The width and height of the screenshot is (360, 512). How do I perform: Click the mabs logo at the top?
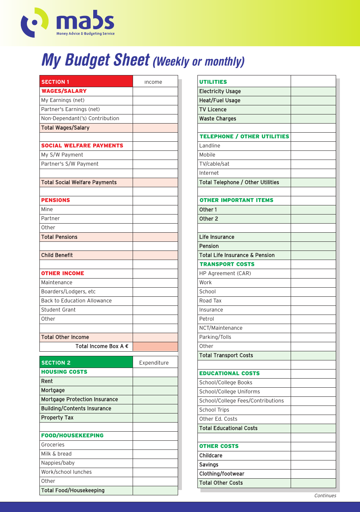click(x=67, y=23)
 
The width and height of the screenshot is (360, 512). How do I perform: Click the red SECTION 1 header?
click(x=86, y=81)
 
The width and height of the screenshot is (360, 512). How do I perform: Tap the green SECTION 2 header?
click(x=86, y=362)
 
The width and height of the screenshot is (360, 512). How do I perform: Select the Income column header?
click(x=153, y=82)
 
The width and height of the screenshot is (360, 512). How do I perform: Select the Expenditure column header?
click(x=154, y=363)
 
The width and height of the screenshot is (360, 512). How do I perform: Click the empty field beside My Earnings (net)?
click(x=155, y=100)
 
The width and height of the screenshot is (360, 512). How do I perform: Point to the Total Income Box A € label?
click(x=102, y=346)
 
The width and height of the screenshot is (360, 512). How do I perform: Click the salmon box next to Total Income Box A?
click(x=155, y=346)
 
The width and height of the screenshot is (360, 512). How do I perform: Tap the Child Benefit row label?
click(x=57, y=255)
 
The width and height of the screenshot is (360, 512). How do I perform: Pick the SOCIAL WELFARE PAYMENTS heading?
click(x=82, y=146)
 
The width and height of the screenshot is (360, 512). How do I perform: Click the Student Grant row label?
click(x=58, y=310)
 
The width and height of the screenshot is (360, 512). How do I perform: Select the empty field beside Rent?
click(x=155, y=381)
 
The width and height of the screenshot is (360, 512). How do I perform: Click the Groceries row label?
click(x=53, y=445)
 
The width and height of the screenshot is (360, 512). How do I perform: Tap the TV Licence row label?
click(x=213, y=110)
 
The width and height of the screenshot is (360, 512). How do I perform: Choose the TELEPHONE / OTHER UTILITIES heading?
click(x=244, y=136)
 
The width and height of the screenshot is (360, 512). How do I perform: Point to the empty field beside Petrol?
click(x=313, y=319)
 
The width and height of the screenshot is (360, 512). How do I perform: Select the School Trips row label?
click(x=214, y=410)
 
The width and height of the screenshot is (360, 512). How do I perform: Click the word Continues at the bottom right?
click(x=325, y=495)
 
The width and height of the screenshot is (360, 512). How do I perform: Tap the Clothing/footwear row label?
click(x=222, y=474)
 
